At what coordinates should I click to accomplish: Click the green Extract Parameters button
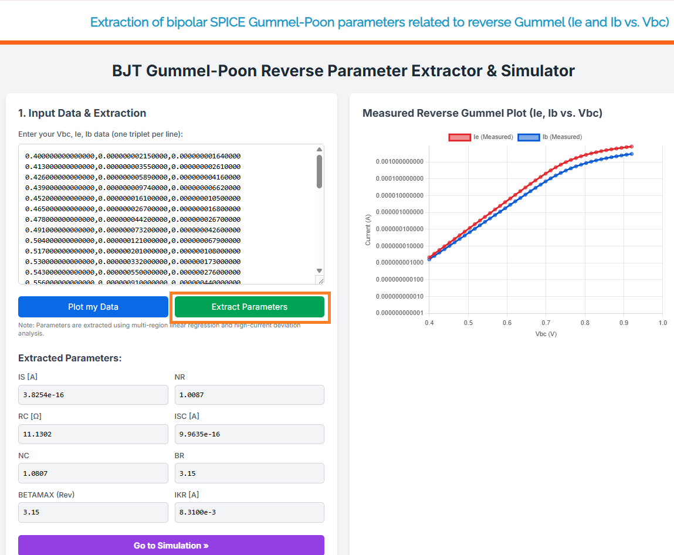coord(249,307)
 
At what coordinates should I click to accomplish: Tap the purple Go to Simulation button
coord(171,546)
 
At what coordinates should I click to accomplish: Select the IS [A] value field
coord(93,395)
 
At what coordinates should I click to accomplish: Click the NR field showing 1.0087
coord(249,395)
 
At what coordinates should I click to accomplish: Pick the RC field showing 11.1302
coord(93,434)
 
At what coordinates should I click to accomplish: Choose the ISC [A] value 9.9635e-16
coord(249,434)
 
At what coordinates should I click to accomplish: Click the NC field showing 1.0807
coord(93,473)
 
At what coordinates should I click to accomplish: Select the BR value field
coord(249,473)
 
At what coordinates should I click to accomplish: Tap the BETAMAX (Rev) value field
coord(93,512)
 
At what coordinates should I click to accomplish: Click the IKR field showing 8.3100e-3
coord(249,512)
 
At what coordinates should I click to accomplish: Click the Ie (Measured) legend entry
coord(481,137)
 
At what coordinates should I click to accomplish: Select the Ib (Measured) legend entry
coord(550,137)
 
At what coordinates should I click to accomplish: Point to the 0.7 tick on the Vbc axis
coord(546,323)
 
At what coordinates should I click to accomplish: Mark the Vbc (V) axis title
coord(546,333)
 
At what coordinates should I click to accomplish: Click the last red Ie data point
coord(631,147)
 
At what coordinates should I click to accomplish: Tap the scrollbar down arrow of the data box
coord(319,269)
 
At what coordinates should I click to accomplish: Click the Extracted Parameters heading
coord(70,358)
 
